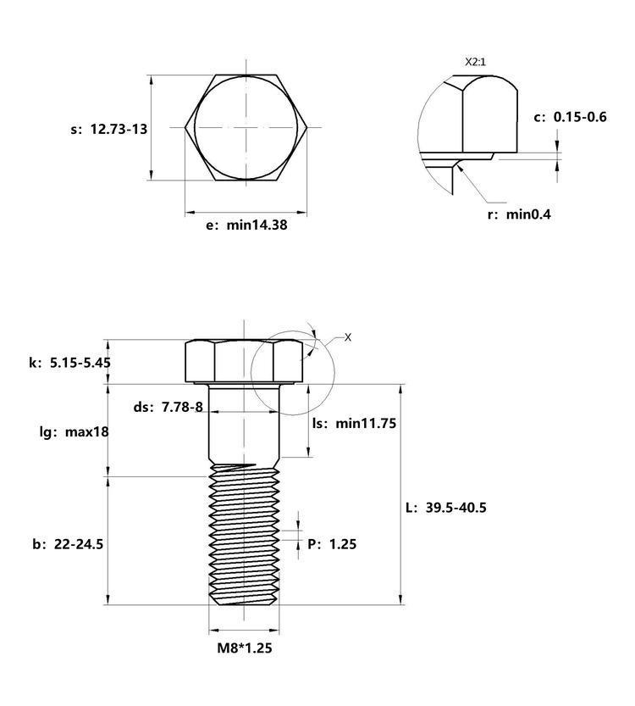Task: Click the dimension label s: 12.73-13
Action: (x=109, y=129)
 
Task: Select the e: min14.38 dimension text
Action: (x=246, y=225)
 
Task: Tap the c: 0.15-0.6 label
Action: (x=571, y=117)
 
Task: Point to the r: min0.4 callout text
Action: (x=519, y=214)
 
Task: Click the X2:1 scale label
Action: (x=475, y=62)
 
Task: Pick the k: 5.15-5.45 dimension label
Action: (x=69, y=363)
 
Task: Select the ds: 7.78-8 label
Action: (x=168, y=407)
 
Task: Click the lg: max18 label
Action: (x=75, y=432)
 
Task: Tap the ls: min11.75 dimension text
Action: (x=355, y=423)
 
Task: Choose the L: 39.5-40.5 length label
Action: (x=446, y=508)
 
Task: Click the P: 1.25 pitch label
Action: (x=332, y=544)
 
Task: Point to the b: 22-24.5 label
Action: (x=68, y=544)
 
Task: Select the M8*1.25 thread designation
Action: (x=245, y=648)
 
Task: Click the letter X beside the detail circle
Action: (x=348, y=337)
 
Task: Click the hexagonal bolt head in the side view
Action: (x=245, y=361)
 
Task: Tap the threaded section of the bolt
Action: (x=244, y=535)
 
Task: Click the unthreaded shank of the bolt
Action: (x=244, y=423)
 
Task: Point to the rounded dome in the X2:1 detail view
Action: (x=489, y=114)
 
